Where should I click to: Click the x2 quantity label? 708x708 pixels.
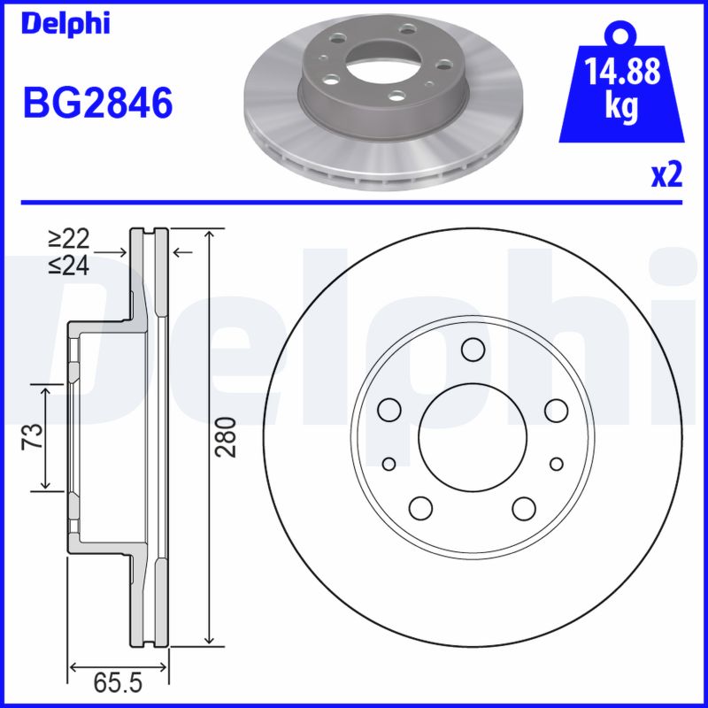(666, 176)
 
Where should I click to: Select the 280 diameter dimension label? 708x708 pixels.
(228, 436)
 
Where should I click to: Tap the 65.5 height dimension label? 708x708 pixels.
(119, 684)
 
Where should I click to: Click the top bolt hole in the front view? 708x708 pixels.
(473, 350)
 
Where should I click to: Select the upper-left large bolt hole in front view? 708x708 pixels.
(389, 409)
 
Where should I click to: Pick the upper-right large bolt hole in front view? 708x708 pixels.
(556, 409)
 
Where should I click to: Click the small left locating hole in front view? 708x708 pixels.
(389, 464)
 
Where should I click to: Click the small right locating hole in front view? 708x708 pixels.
(556, 464)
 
